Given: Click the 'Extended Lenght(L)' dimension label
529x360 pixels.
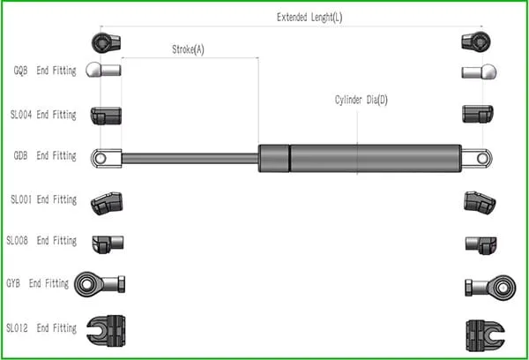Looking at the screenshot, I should click(x=309, y=17).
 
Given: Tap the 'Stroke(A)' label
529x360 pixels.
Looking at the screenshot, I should click(x=187, y=49).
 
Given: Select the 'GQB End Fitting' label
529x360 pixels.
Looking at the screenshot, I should click(x=44, y=71).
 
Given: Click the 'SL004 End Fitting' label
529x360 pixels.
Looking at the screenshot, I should click(x=43, y=115).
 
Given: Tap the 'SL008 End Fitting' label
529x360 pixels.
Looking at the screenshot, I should click(x=41, y=241).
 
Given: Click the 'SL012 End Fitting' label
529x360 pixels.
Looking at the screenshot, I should click(x=41, y=328).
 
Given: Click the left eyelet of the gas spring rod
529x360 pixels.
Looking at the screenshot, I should click(x=103, y=158).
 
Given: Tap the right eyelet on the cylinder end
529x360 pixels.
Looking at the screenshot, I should click(x=479, y=158).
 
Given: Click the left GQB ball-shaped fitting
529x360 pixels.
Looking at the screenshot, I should click(x=103, y=71).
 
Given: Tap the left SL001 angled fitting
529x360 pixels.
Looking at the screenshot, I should click(x=106, y=202).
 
